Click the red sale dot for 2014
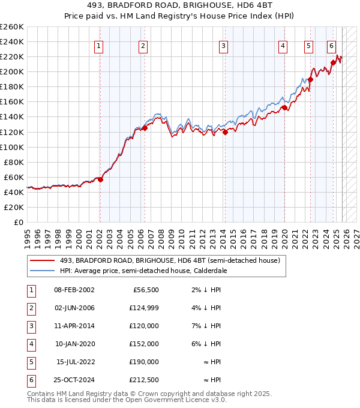[x=225, y=132]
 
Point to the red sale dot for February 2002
[x=100, y=179]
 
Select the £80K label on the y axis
[x=13, y=162]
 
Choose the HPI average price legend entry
[x=143, y=271]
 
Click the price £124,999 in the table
[x=144, y=308]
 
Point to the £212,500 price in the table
[x=144, y=380]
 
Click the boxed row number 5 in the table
[x=31, y=362]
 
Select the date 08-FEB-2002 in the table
[x=74, y=290]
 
